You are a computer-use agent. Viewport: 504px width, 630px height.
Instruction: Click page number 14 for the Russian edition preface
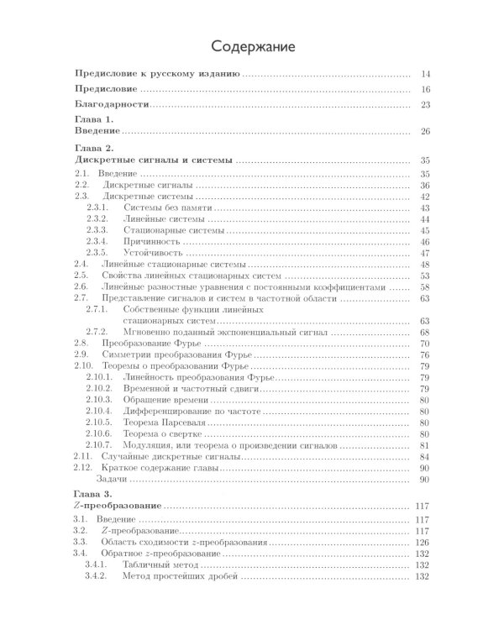(425, 75)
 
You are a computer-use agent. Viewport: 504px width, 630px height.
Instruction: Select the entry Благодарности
(112, 104)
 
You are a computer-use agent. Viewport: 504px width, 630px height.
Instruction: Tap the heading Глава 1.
(95, 121)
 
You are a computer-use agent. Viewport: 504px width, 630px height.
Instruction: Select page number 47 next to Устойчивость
(425, 253)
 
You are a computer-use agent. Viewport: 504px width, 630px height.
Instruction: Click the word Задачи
(111, 480)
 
